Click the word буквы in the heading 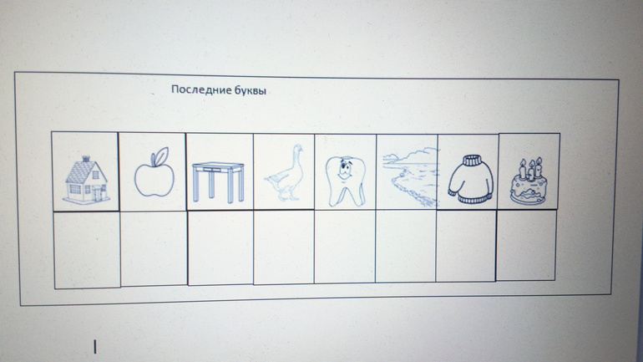point(251,90)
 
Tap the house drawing point(86,181)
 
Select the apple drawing point(154,172)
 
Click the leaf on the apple point(159,156)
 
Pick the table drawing point(218,181)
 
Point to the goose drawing point(286,172)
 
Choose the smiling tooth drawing point(345,181)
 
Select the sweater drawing point(471,180)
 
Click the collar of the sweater point(473,160)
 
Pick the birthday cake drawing point(529,181)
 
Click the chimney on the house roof point(86,159)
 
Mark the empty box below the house point(87,250)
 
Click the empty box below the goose point(284,247)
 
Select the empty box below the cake point(526,246)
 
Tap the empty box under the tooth point(345,247)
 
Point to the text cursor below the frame point(95,347)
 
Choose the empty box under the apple point(154,249)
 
